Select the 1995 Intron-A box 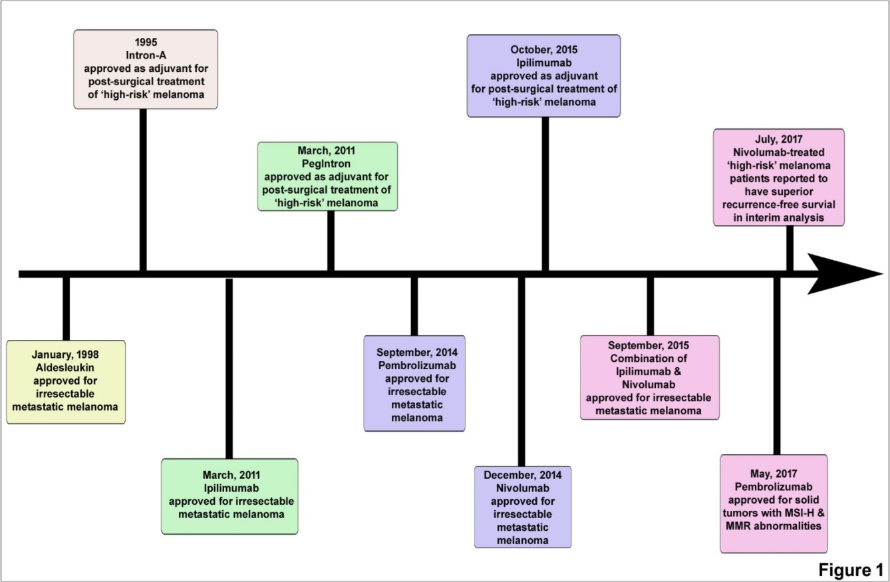click(146, 69)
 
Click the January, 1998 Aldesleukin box click(66, 382)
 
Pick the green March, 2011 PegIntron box click(327, 176)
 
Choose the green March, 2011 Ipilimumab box click(229, 496)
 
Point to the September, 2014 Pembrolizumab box click(414, 383)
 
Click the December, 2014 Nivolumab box click(523, 506)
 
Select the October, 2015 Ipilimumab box click(543, 76)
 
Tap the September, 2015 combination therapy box click(650, 377)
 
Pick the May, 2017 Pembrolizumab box click(774, 504)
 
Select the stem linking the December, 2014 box click(521, 372)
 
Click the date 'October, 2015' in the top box click(543, 50)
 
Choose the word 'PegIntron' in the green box click(328, 164)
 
